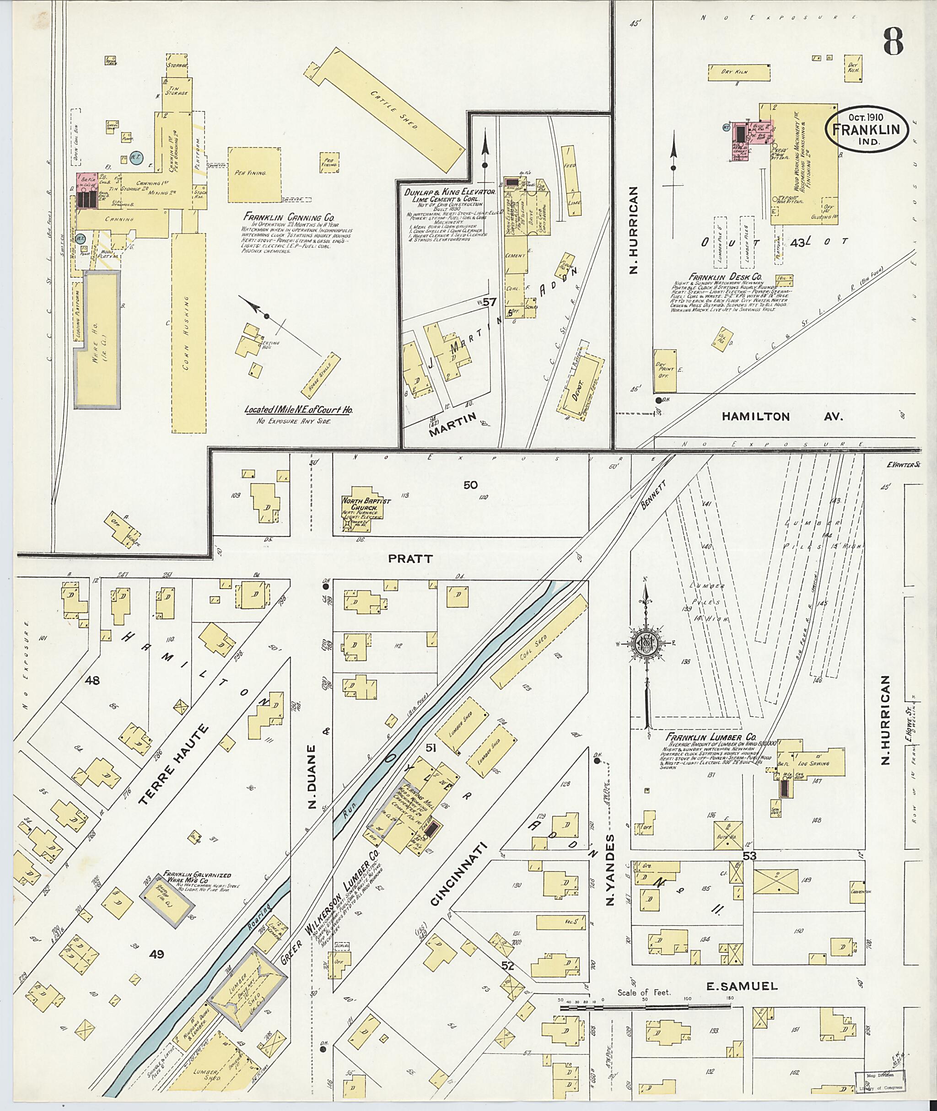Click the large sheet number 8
click(x=894, y=42)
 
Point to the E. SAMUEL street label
click(x=742, y=986)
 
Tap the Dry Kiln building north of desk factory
click(x=739, y=72)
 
